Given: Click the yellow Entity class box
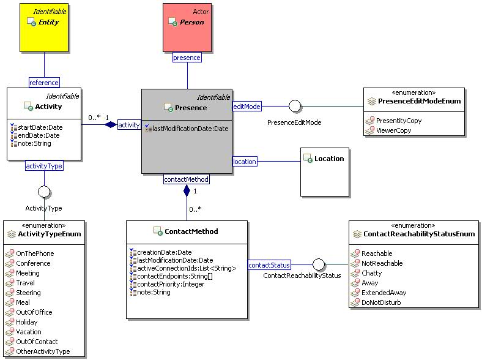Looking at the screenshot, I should [x=44, y=28].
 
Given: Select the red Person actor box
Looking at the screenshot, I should [x=187, y=28].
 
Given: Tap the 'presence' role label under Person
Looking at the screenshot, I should [x=187, y=58].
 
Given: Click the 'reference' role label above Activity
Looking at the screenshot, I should [x=44, y=82].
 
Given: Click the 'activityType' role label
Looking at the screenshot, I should [x=44, y=165].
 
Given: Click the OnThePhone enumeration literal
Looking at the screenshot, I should [x=35, y=253].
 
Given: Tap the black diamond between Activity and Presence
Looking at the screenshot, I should [x=110, y=125].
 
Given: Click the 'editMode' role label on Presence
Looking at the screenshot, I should [x=247, y=107].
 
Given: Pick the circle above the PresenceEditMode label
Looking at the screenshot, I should [x=295, y=107].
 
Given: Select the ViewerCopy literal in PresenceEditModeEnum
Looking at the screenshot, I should [x=393, y=130].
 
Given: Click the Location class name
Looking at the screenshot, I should [x=329, y=159].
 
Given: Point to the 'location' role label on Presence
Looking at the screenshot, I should [x=245, y=162].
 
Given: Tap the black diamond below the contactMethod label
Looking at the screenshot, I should [x=187, y=191].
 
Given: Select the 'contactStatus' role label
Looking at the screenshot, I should [x=269, y=265].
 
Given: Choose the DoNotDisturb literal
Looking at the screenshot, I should [x=383, y=302].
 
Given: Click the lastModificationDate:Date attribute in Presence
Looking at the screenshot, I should [x=190, y=129].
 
